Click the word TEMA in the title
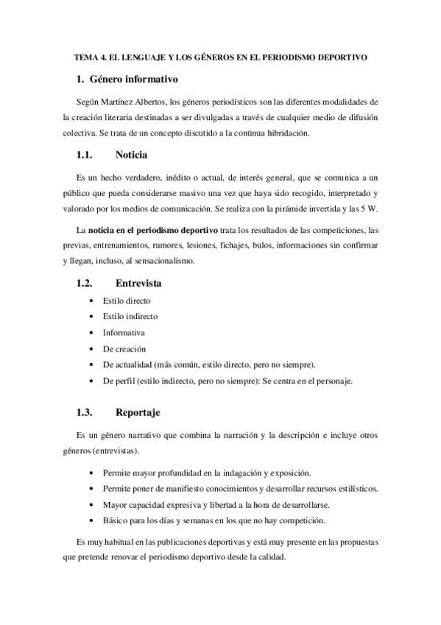(86, 57)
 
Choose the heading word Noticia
(132, 156)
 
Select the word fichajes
(230, 246)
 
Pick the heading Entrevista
(139, 283)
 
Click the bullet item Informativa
(124, 332)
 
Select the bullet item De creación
(124, 349)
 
